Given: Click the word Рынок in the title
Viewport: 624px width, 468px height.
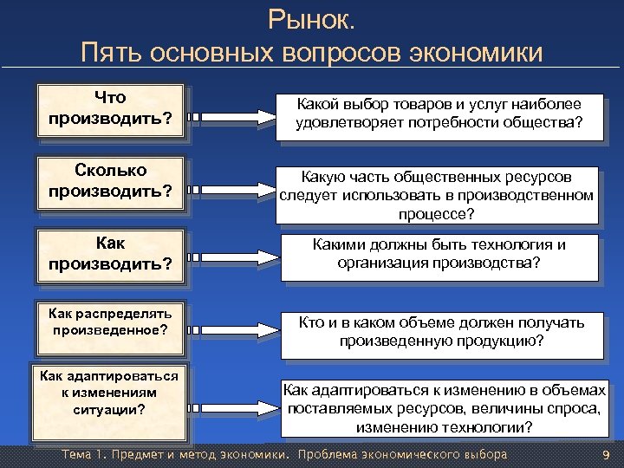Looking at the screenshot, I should [311, 18].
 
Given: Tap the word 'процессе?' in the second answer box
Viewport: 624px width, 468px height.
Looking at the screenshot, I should [437, 213].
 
